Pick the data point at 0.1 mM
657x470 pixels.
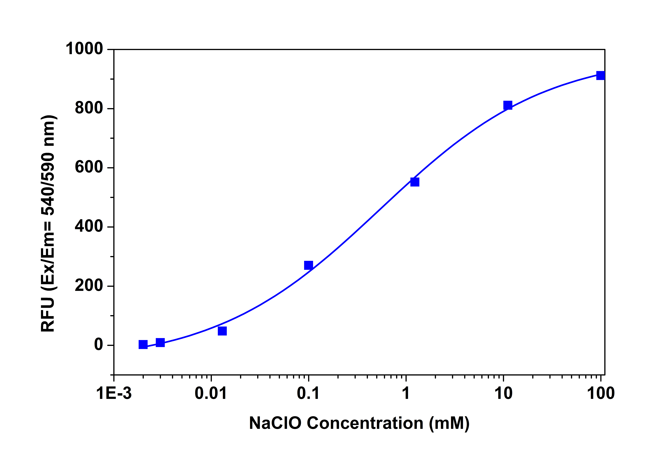click(308, 265)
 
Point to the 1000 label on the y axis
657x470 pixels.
click(84, 49)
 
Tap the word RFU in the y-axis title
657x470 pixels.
click(48, 315)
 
